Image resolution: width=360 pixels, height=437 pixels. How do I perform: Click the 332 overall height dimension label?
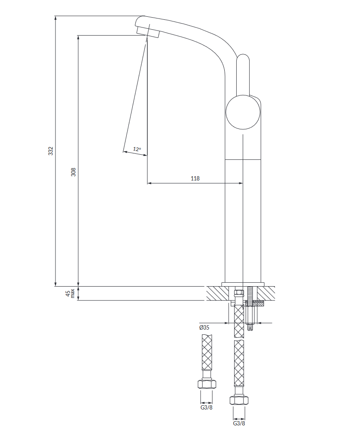point(50,151)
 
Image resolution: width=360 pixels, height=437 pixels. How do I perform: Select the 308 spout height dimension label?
point(73,172)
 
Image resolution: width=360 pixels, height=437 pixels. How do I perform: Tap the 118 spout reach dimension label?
point(195,178)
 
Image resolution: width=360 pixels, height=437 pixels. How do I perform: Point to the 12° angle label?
point(137,149)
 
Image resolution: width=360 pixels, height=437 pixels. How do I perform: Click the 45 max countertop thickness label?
point(70,293)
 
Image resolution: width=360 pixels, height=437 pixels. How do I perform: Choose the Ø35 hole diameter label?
point(204,327)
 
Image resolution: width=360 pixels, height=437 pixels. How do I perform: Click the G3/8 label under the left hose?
point(207,407)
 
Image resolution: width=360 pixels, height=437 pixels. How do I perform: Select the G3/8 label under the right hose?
point(239,423)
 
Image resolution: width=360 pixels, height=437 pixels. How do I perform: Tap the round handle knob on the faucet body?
point(243,112)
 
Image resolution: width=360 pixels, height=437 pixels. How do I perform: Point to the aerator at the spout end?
point(148,31)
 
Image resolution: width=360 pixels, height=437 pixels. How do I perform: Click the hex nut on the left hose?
point(207,384)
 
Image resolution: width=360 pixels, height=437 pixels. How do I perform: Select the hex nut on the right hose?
point(239,400)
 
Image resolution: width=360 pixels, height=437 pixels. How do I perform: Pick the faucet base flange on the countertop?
point(243,284)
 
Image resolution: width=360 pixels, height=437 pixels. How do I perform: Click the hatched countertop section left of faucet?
point(218,293)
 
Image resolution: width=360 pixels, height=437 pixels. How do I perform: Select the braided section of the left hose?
point(207,352)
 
